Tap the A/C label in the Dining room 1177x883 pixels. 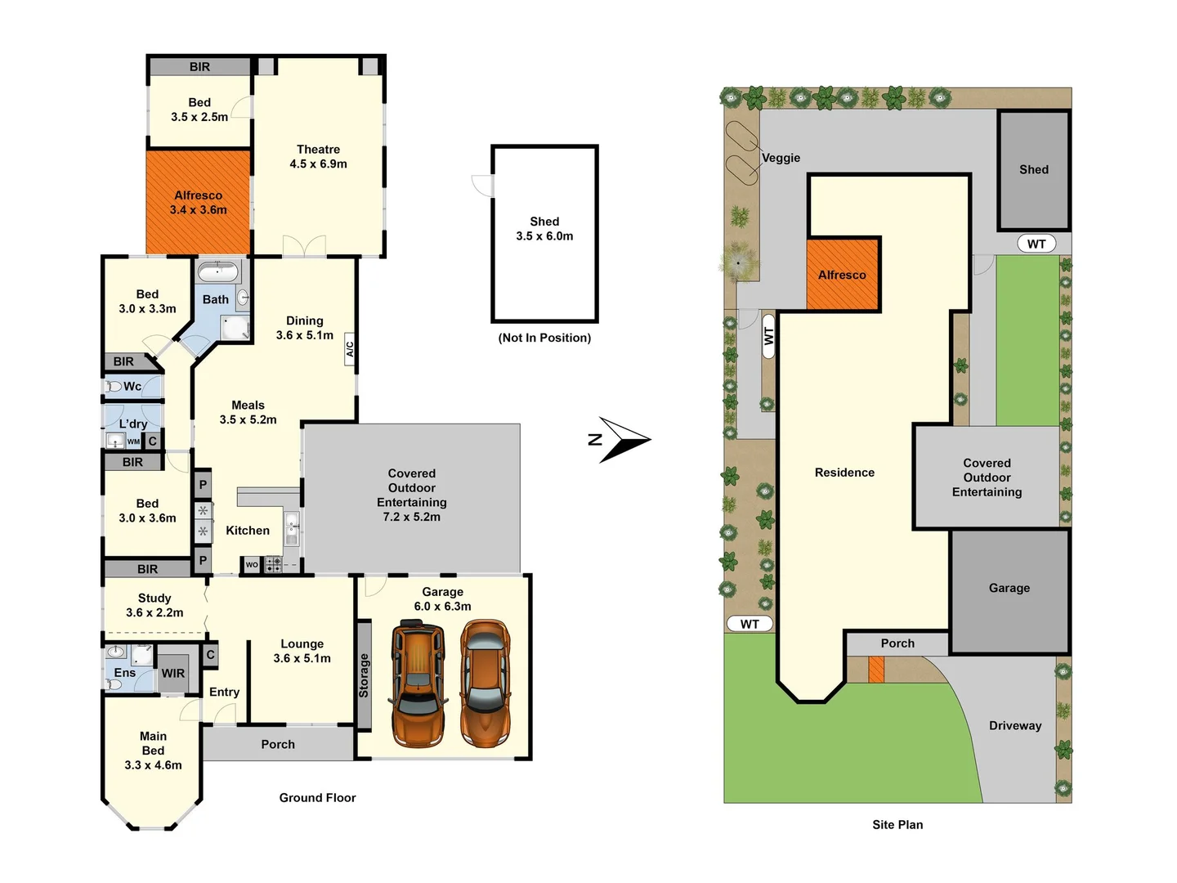point(350,348)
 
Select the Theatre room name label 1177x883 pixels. point(318,150)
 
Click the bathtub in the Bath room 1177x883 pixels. point(218,271)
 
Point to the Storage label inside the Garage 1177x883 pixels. point(364,675)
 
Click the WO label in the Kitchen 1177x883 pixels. point(252,565)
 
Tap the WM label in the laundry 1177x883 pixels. point(133,441)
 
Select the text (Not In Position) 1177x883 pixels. point(544,338)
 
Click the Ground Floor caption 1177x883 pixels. point(317,798)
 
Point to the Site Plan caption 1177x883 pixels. point(897,825)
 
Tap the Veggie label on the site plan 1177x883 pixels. point(781,158)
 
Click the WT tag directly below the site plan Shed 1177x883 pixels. point(1036,244)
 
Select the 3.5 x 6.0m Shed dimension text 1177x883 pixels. point(544,236)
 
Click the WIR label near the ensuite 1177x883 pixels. point(172,674)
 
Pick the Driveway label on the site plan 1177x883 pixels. point(1015,726)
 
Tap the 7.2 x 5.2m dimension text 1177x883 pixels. point(411,517)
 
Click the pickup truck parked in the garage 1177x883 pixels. point(418,685)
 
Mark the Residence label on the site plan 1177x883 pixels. point(844,473)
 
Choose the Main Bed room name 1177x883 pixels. point(153,743)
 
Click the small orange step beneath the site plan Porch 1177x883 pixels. point(876,670)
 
